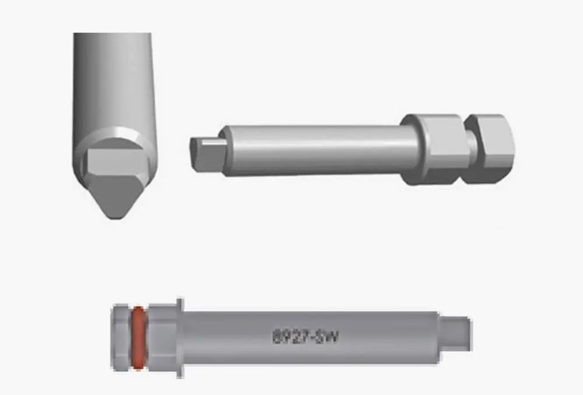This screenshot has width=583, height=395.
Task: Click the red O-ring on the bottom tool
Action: (138, 338)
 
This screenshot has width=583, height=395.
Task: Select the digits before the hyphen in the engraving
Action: (291, 337)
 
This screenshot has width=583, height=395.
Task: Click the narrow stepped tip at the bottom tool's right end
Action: (455, 334)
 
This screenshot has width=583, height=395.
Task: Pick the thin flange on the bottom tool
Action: (180, 338)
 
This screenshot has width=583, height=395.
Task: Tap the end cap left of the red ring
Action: (121, 338)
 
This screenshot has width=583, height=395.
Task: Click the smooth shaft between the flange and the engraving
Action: (227, 338)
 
